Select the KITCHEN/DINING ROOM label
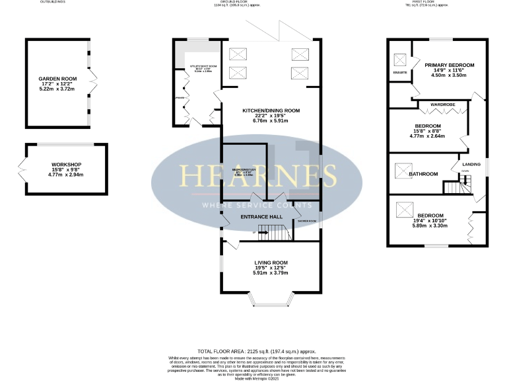(271, 110)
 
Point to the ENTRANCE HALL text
(261, 216)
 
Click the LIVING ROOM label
(271, 263)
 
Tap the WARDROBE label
(442, 105)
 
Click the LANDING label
(471, 164)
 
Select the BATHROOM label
(423, 174)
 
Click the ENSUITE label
(399, 72)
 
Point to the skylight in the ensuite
(399, 56)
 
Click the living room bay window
(271, 303)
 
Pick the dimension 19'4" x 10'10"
(431, 220)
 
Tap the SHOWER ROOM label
(307, 221)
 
